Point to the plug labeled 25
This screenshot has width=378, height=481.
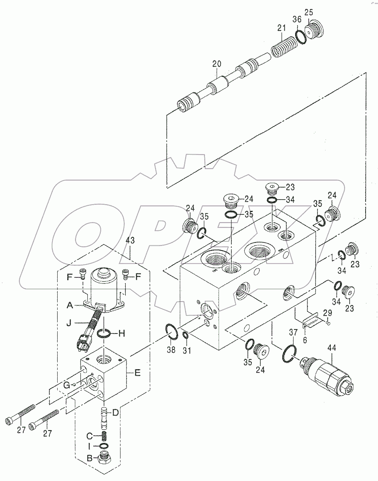click(x=314, y=28)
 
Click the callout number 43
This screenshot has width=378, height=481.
click(x=130, y=240)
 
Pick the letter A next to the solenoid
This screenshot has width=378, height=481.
click(x=70, y=305)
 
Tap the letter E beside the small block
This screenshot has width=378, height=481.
click(x=137, y=373)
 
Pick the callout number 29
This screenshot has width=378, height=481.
click(x=327, y=312)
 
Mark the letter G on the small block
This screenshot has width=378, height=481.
click(x=66, y=385)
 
